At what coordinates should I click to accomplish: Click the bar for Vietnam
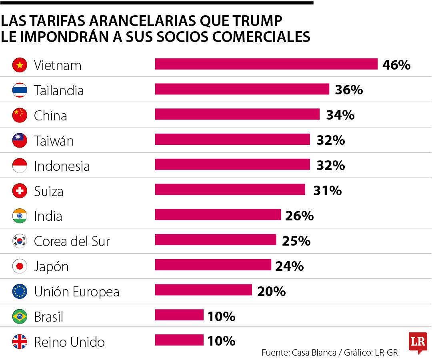coord(266,64)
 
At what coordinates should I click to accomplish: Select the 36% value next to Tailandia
coord(349,90)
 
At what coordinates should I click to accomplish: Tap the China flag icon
coord(20,115)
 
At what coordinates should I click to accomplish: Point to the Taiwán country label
coord(54,141)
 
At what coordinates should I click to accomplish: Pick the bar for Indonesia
coord(232,164)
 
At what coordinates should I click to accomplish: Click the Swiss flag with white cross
coord(20,191)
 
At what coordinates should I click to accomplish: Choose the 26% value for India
coord(299,216)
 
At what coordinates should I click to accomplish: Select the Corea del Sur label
coord(72,241)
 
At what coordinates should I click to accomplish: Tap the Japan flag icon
coord(20,266)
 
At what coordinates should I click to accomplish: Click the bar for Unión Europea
coord(203,290)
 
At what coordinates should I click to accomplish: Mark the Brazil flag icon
coord(20,317)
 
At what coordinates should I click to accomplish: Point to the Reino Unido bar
coord(179,340)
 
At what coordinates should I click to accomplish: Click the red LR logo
coord(418,342)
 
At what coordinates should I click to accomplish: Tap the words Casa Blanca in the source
coord(314,353)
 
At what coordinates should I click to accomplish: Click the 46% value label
coord(396,65)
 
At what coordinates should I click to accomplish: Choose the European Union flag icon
coord(20,292)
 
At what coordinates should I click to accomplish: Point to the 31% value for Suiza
coord(327,191)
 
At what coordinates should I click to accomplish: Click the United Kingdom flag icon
coord(20,342)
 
